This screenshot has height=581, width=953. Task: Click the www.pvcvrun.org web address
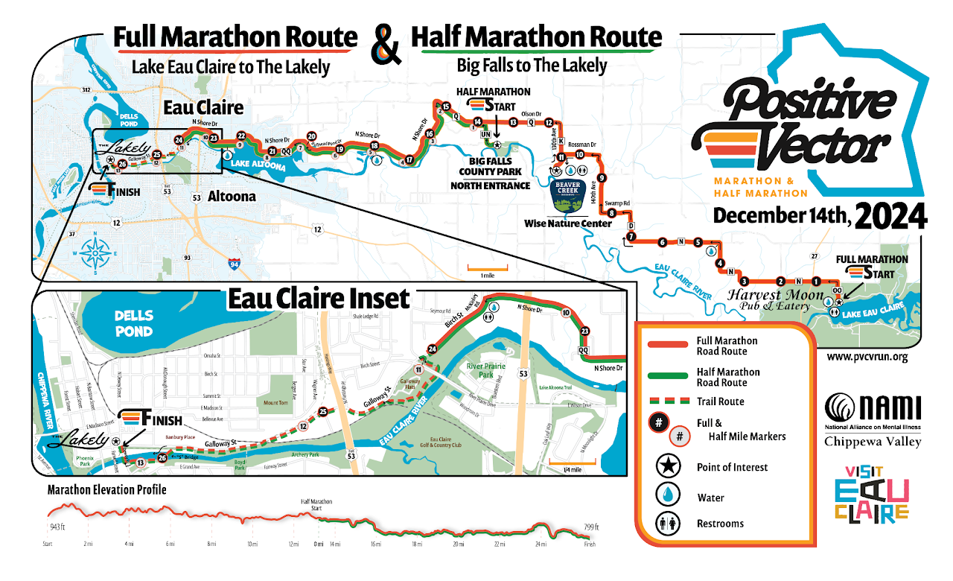pos(867,357)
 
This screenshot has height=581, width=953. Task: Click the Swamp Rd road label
pos(617,203)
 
